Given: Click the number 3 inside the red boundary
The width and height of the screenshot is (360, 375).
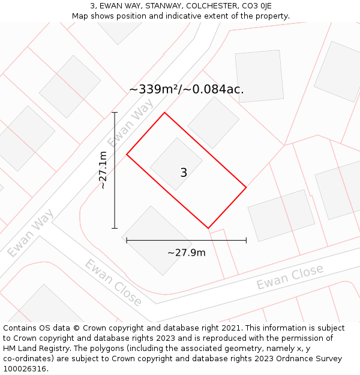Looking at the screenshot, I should tap(184, 173).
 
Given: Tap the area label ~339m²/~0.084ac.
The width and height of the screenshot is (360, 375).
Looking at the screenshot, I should tap(186, 89).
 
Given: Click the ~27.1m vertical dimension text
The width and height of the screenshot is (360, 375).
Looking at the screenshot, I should tap(103, 170).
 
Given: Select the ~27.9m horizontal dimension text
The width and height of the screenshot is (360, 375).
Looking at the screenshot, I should tap(186, 253).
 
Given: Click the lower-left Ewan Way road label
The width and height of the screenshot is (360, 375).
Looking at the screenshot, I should tap(31, 233).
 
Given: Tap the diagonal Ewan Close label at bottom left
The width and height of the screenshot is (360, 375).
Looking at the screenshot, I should tap(113, 283).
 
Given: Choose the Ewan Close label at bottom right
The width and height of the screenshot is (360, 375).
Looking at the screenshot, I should tap(290, 277).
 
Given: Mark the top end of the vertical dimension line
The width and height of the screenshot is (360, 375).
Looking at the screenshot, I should tap(115, 113).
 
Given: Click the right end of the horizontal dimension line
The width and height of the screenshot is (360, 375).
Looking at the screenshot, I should tap(246, 241).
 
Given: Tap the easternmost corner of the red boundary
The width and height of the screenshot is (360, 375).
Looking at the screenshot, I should tap(246, 188).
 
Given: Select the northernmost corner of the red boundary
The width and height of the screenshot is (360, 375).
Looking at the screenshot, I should tap(164, 112).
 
